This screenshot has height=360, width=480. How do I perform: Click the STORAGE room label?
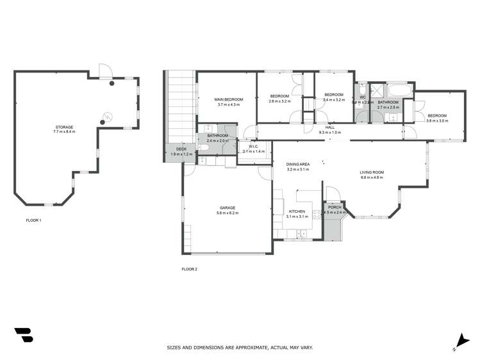coord(64,127)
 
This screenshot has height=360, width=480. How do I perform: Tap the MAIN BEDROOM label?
coord(228,99)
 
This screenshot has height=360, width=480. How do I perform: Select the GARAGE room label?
coord(228,208)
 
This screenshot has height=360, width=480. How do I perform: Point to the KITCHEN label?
coord(297,212)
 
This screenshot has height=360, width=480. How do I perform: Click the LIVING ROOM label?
coord(372,172)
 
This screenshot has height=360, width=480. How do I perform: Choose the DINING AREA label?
coord(298,165)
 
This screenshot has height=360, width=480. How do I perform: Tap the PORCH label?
coord(335,208)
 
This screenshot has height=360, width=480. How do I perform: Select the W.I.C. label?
coord(253,147)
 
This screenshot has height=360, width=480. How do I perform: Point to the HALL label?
coord(330,127)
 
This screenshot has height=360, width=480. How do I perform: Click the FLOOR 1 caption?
coord(33,220)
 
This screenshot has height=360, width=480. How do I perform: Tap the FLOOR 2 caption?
coord(189,269)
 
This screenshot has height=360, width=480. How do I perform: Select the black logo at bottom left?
coord(24,335)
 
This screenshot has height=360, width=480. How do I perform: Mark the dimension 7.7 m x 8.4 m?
coord(64,132)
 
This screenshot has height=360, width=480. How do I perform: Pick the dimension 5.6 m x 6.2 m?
coord(228,213)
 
